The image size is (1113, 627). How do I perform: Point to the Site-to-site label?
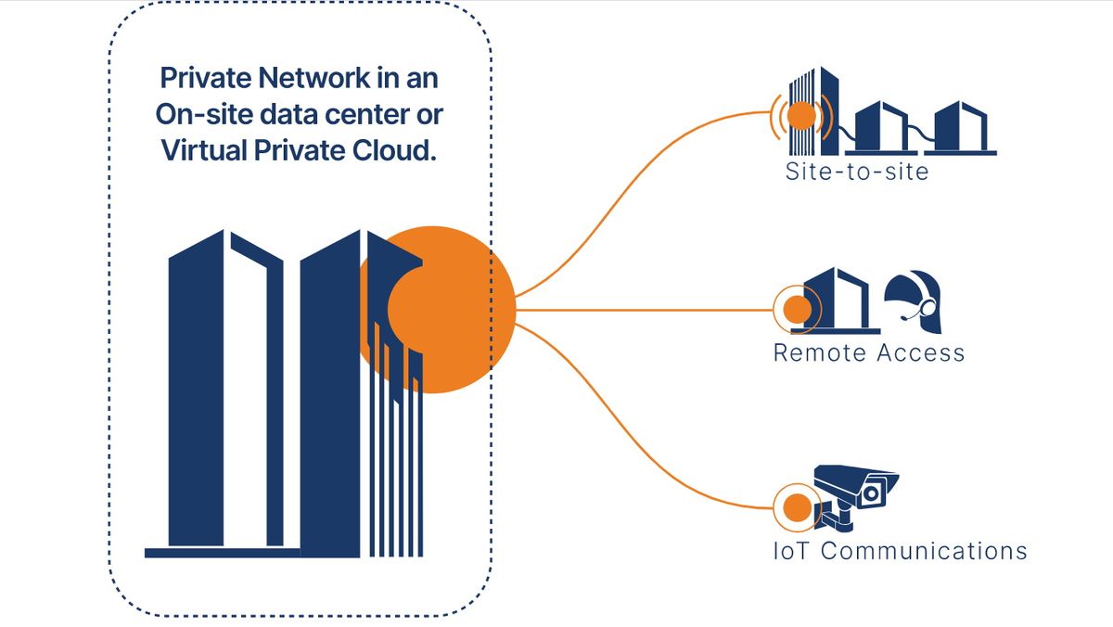(856, 172)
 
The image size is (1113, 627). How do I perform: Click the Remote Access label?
(869, 353)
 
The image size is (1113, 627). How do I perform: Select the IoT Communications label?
(900, 551)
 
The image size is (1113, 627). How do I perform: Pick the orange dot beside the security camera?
(795, 507)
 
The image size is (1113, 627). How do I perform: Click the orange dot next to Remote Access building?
(795, 310)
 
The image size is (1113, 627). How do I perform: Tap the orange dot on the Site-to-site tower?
(801, 115)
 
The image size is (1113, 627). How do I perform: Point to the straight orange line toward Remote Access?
(649, 310)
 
